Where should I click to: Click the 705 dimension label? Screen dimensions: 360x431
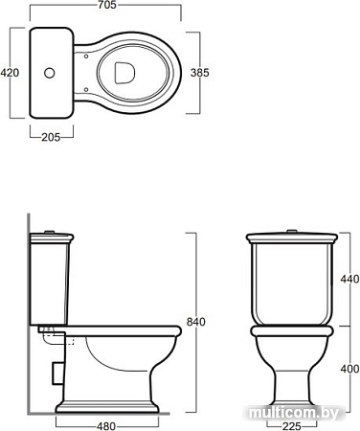(x=107, y=5)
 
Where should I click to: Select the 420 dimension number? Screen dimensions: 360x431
(x=10, y=73)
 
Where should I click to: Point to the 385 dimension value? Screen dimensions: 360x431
(x=200, y=73)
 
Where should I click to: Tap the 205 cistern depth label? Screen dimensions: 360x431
(x=51, y=137)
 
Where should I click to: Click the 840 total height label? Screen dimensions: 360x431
(x=196, y=322)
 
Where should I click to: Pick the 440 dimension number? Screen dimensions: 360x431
(x=349, y=279)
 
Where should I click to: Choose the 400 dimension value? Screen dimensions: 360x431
(x=349, y=369)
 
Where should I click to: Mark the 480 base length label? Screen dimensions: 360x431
(x=106, y=426)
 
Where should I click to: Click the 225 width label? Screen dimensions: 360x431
(x=292, y=426)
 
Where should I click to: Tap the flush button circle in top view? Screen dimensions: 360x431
(x=50, y=73)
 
